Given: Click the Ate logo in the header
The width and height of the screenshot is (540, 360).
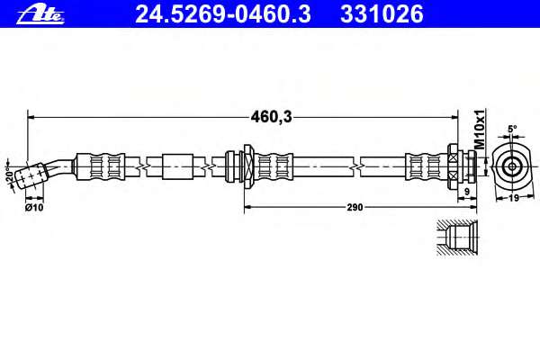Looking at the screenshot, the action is tap(40, 14).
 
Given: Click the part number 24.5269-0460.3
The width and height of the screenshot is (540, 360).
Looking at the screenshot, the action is tap(223, 14).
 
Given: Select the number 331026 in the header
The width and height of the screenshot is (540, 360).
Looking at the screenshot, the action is tap(382, 14).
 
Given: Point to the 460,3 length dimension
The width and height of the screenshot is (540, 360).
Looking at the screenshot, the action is tap(272, 117).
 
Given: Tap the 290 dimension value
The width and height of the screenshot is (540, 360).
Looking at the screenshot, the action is tap(355, 207).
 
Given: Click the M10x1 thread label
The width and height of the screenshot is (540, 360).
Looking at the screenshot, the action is tap(480, 130).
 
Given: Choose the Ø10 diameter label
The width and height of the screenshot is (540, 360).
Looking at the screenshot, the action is tap(34, 207).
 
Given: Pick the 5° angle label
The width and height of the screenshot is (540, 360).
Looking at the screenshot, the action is tap(512, 129).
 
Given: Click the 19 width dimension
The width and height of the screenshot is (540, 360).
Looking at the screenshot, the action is tap(514, 198).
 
